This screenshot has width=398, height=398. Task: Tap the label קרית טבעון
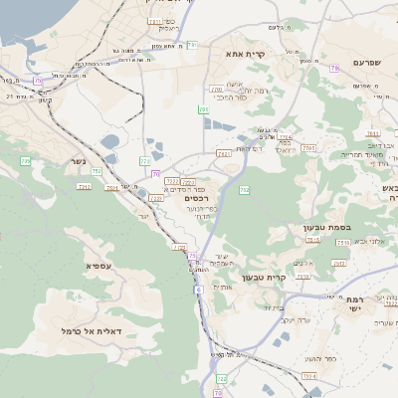coord(291,278)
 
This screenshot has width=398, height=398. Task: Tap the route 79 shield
coord(334,68)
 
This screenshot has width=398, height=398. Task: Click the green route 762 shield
coord(245,189)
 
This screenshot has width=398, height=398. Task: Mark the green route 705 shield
coord(26,160)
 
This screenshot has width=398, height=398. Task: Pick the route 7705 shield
coord(308,147)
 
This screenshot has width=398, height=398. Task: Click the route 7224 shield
coord(308,376)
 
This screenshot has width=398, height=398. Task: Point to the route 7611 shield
coord(373,132)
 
